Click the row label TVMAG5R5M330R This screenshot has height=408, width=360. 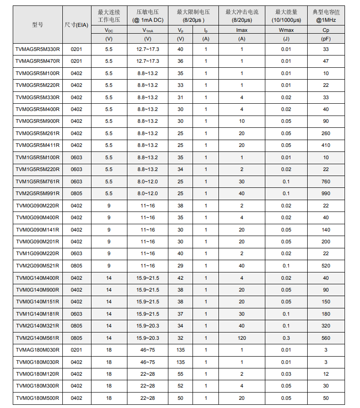point(38,49)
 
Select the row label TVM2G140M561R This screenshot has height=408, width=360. point(38,338)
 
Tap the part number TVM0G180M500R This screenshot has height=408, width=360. point(38,398)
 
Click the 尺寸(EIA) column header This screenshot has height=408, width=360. point(76,25)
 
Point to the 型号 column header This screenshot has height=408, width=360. point(38,25)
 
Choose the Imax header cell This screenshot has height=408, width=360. point(242,30)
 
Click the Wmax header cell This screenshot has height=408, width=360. point(286,30)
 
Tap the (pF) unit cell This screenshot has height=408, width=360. point(326,39)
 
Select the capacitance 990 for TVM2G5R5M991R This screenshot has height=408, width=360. point(326,193)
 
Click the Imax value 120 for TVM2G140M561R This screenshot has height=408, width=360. point(242,338)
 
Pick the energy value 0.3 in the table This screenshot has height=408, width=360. point(286,338)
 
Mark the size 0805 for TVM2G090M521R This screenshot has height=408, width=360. point(76,266)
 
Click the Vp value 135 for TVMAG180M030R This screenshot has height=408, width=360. point(181,350)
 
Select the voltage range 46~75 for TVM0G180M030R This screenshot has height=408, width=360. point(147,362)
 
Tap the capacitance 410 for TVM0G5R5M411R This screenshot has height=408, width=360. point(326,145)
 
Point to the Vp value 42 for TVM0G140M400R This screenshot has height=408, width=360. point(181,278)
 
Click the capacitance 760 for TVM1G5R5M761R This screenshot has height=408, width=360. point(326,181)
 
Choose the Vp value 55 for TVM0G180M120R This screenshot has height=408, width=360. point(181,374)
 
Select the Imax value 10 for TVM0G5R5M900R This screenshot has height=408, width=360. point(242,121)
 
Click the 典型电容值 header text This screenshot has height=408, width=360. point(326,12)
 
